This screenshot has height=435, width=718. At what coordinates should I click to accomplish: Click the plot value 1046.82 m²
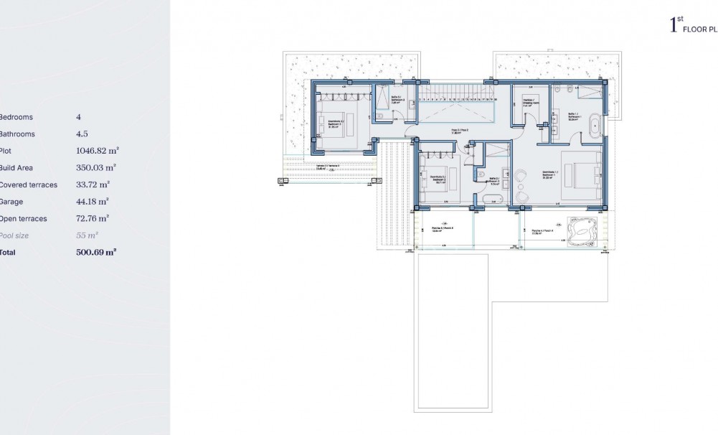[x=97, y=151]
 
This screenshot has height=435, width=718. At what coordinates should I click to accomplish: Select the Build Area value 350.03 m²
[x=96, y=167]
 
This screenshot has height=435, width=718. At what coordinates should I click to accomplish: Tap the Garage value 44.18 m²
[x=92, y=202]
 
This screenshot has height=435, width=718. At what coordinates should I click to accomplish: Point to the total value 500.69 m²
[x=96, y=253]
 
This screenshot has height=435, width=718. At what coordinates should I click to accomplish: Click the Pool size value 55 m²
[x=87, y=235]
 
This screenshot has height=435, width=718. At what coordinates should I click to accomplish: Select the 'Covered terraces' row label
[x=29, y=184]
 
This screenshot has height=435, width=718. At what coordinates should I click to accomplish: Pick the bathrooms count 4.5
[x=82, y=134]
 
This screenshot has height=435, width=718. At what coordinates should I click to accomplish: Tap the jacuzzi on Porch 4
[x=582, y=228]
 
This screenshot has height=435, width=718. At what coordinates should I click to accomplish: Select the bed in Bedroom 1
[x=580, y=174]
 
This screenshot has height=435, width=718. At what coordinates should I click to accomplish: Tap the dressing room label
[x=530, y=102]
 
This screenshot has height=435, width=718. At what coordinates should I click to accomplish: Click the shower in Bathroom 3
[x=382, y=98]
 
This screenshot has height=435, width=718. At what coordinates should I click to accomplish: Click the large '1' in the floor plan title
[x=673, y=27]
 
